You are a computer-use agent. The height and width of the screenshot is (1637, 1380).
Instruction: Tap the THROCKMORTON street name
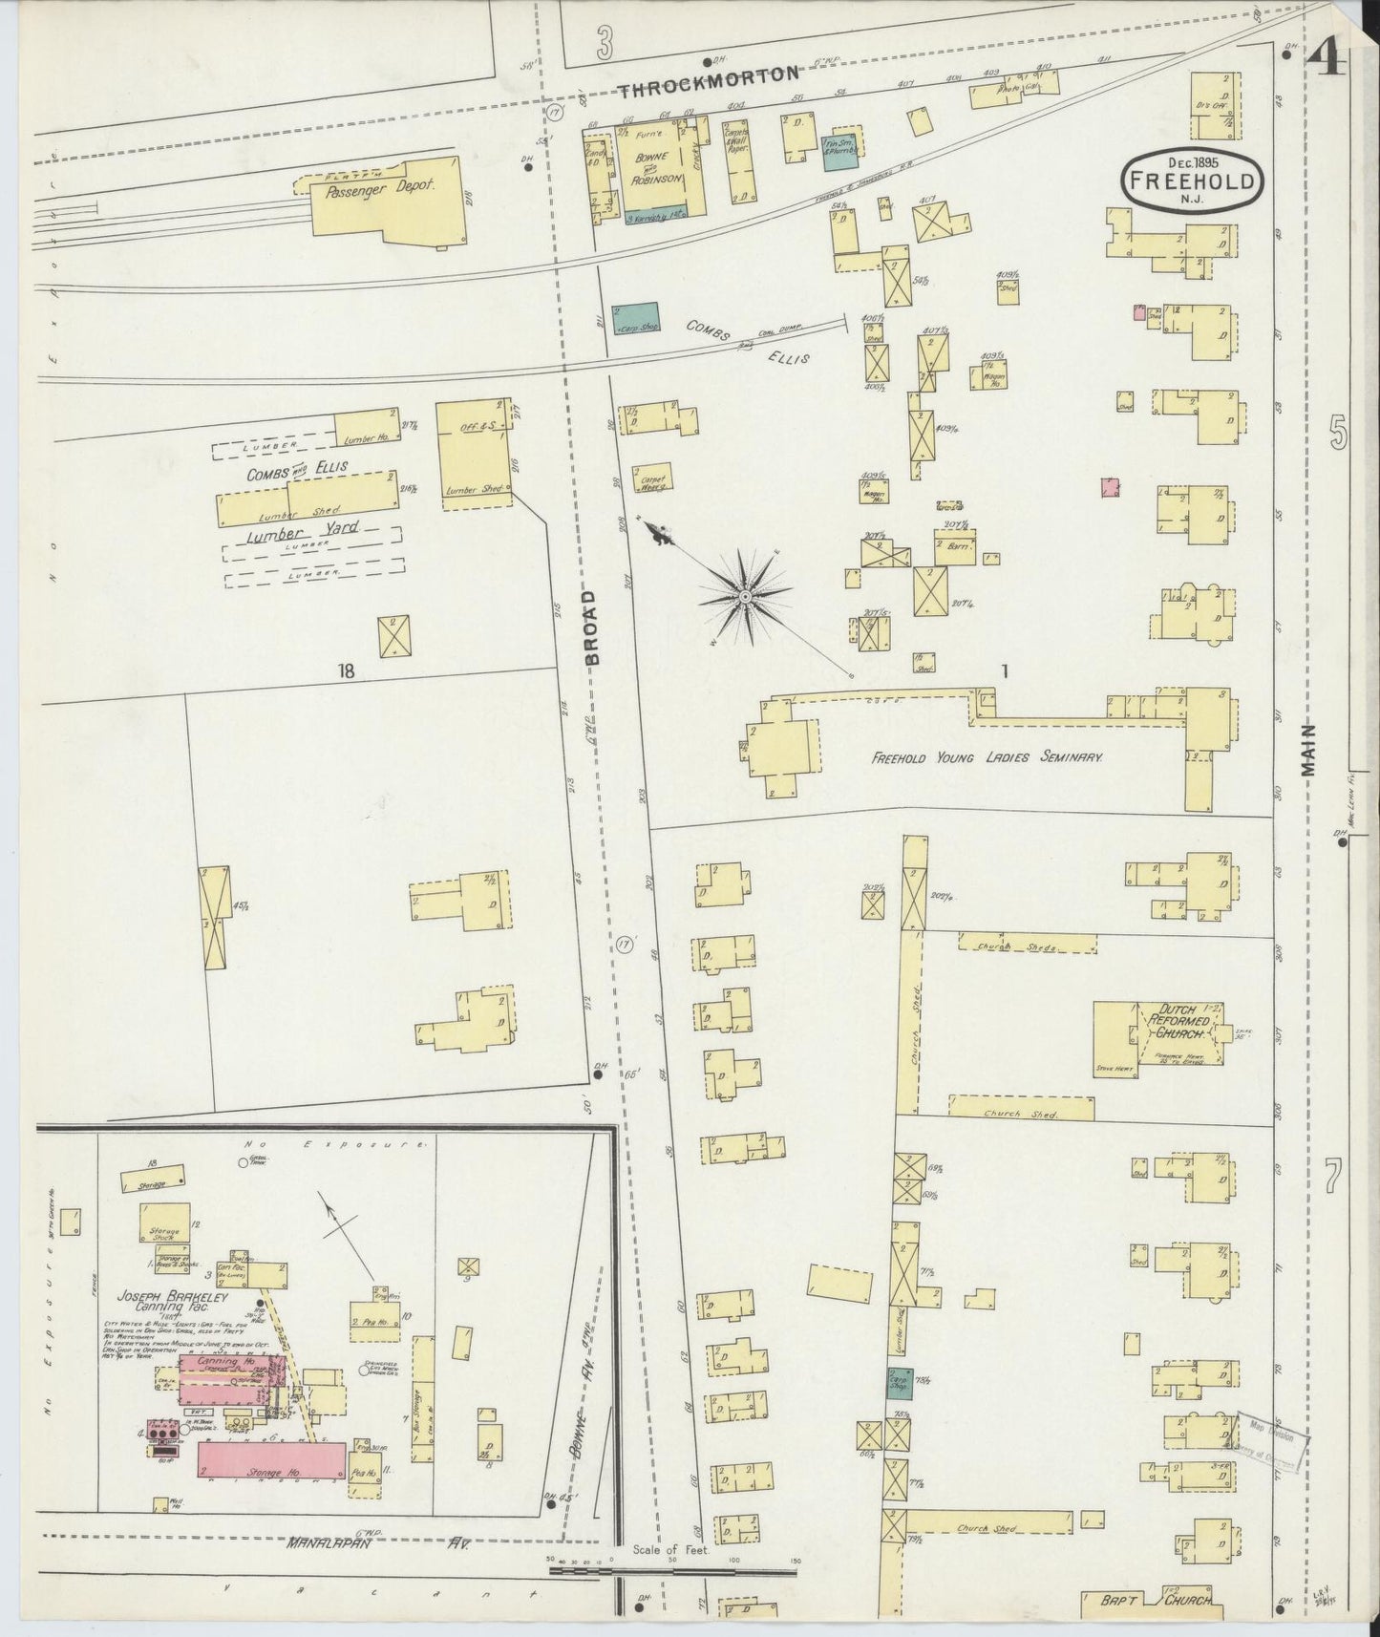pos(708,93)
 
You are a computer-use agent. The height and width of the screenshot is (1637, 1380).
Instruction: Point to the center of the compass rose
pos(743,597)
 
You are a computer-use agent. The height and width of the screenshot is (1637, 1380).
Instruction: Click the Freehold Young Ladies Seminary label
pos(987,756)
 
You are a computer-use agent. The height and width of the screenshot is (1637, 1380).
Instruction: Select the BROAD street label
pos(592,627)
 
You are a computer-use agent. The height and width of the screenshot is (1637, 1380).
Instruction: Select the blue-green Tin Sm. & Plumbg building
pos(843,150)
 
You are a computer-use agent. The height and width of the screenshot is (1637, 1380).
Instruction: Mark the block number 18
pos(345,672)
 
